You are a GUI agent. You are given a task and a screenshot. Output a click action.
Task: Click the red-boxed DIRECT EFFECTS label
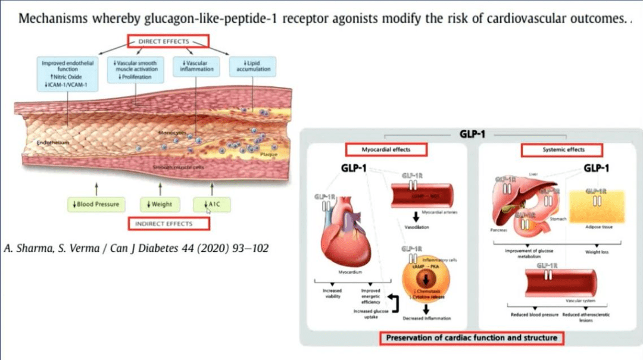[168, 42]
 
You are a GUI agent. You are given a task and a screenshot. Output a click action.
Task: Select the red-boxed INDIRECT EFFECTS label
[169, 224]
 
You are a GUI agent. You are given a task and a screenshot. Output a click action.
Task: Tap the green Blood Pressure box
[96, 204]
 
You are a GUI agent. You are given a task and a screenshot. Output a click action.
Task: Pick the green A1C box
[211, 204]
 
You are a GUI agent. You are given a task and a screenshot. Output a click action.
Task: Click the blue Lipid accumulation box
[253, 66]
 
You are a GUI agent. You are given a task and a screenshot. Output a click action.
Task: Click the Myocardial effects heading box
[386, 149]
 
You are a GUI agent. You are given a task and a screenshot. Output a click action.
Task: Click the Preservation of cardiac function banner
[472, 338]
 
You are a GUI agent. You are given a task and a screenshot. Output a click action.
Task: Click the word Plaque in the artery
[269, 154]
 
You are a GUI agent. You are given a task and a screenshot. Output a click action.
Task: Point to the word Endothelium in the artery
[50, 143]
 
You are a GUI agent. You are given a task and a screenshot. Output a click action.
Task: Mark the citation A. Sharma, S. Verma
[136, 248]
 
